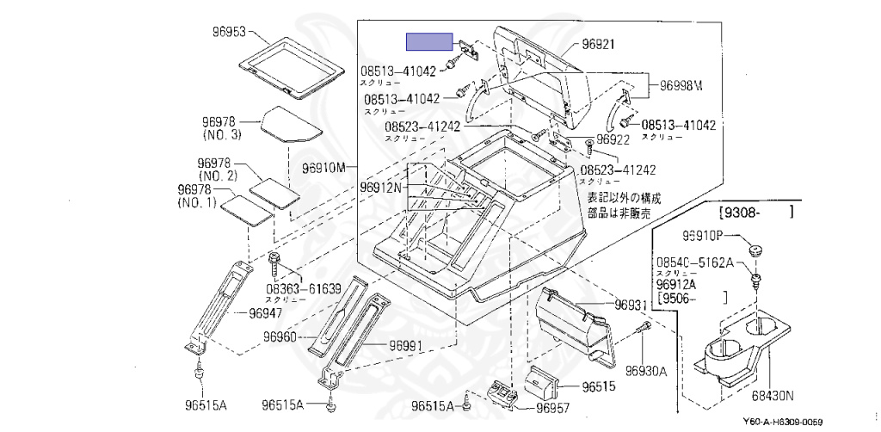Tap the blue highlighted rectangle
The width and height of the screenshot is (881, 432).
coord(429,40)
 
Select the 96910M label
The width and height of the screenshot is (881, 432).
coord(323,167)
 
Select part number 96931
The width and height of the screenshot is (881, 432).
coord(631,305)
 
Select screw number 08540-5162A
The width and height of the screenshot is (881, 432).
coord(695,262)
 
